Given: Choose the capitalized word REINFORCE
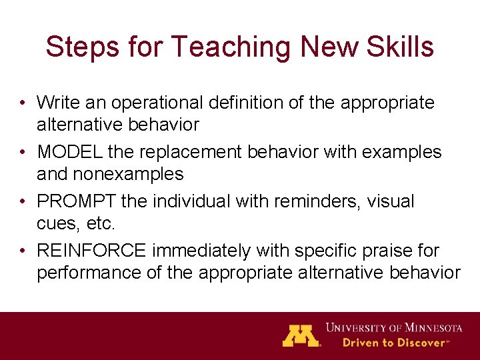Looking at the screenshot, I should (92, 251).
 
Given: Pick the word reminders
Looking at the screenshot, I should (298, 201).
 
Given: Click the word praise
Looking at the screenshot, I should (381, 251).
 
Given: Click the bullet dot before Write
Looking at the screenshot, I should (23, 103).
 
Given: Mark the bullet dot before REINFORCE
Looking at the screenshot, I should (23, 251).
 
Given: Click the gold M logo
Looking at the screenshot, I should (301, 335).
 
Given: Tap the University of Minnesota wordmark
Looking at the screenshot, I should (393, 327).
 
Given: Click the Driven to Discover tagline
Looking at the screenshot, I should (395, 343).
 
